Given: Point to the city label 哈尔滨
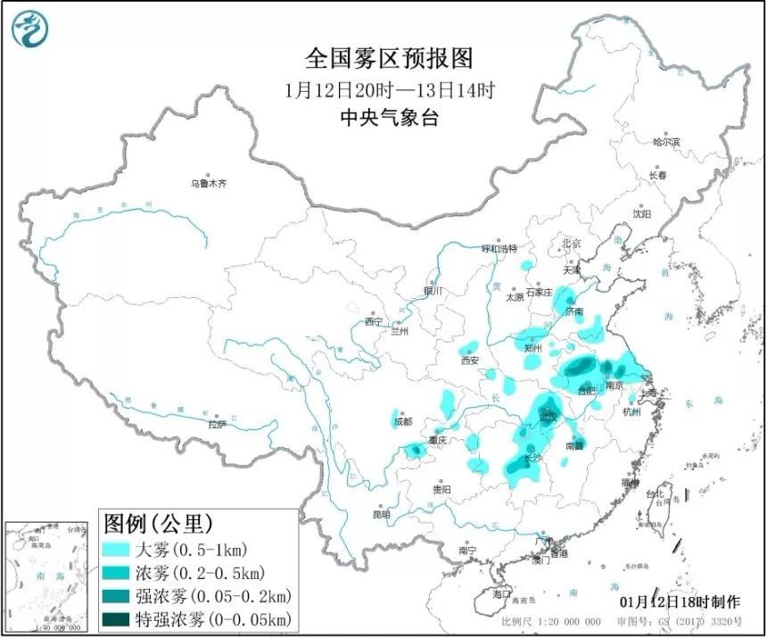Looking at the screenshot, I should (665, 142).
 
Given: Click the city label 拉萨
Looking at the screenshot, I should (216, 426).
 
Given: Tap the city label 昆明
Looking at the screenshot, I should (381, 515).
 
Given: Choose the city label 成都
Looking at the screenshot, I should (402, 421).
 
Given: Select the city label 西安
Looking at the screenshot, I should (470, 360).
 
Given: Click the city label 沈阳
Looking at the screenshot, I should (642, 214).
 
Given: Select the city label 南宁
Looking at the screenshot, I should (467, 550).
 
